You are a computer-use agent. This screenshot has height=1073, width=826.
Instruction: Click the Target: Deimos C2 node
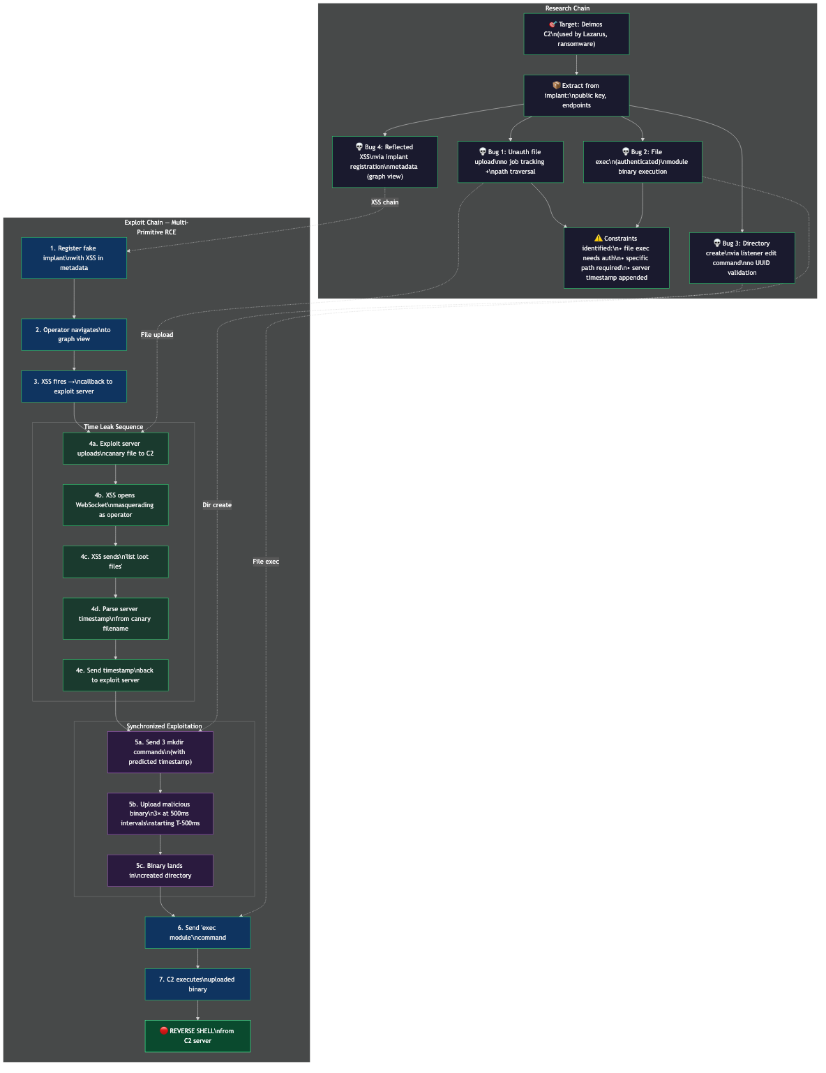point(576,34)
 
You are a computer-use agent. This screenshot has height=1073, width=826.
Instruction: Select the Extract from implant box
point(576,96)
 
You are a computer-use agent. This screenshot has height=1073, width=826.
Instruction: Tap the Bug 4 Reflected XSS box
point(385,162)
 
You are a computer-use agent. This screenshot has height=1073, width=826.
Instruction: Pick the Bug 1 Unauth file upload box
point(511,162)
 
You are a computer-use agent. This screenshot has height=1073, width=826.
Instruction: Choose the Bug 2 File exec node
point(643,162)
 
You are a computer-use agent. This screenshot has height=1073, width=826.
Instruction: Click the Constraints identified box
point(617,258)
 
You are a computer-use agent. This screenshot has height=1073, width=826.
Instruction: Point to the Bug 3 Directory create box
point(742,258)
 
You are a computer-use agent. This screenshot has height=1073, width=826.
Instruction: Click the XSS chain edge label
point(385,202)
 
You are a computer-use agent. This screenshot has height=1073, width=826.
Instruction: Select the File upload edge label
point(157,335)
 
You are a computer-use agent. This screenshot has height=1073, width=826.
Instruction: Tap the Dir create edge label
point(217,505)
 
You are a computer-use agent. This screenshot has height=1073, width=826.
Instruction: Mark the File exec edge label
point(266,562)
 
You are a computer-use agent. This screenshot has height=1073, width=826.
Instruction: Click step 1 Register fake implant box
point(74,258)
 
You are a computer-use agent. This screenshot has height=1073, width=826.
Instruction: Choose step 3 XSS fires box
point(74,387)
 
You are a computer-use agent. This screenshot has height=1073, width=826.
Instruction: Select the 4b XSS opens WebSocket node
point(116,505)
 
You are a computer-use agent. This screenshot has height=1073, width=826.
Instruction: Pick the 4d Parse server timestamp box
point(116,619)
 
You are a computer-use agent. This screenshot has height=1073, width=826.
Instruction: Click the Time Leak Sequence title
point(114,427)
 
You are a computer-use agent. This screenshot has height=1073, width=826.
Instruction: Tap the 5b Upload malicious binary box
point(160,813)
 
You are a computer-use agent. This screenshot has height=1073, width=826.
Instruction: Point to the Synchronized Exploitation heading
point(165,726)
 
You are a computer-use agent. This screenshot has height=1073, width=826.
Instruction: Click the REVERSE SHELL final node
point(198,1036)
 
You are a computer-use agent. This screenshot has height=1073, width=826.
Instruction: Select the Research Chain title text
point(567,8)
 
